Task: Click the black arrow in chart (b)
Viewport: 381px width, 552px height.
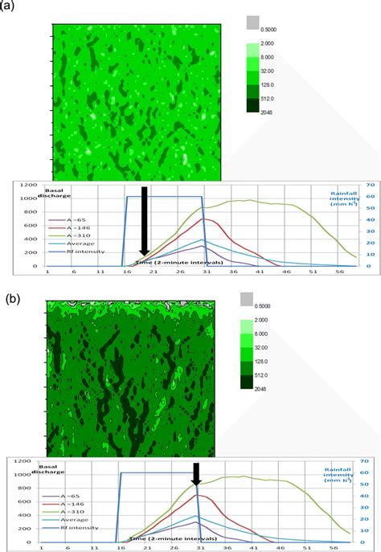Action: [195, 475]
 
